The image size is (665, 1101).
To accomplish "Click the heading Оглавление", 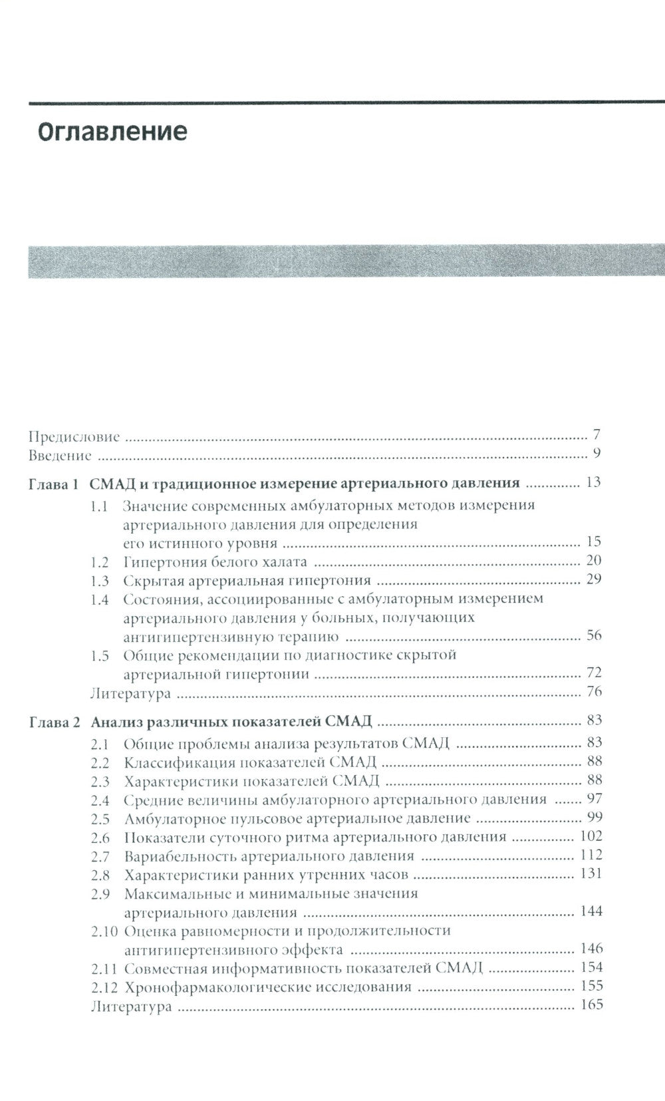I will (112, 132).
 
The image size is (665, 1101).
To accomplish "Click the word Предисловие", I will (74, 437).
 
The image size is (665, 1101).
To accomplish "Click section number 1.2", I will (100, 561).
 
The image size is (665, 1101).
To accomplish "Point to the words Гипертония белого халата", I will (215, 561).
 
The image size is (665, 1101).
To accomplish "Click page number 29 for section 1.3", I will (593, 579).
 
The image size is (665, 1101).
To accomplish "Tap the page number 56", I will (593, 635).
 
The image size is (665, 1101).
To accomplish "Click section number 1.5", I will (100, 655).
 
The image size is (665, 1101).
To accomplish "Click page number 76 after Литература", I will (593, 692).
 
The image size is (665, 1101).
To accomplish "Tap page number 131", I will (591, 874).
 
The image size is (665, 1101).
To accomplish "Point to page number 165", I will (591, 1005).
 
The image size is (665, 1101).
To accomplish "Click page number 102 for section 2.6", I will (591, 837).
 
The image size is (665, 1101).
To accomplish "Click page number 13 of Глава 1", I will (593, 482).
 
